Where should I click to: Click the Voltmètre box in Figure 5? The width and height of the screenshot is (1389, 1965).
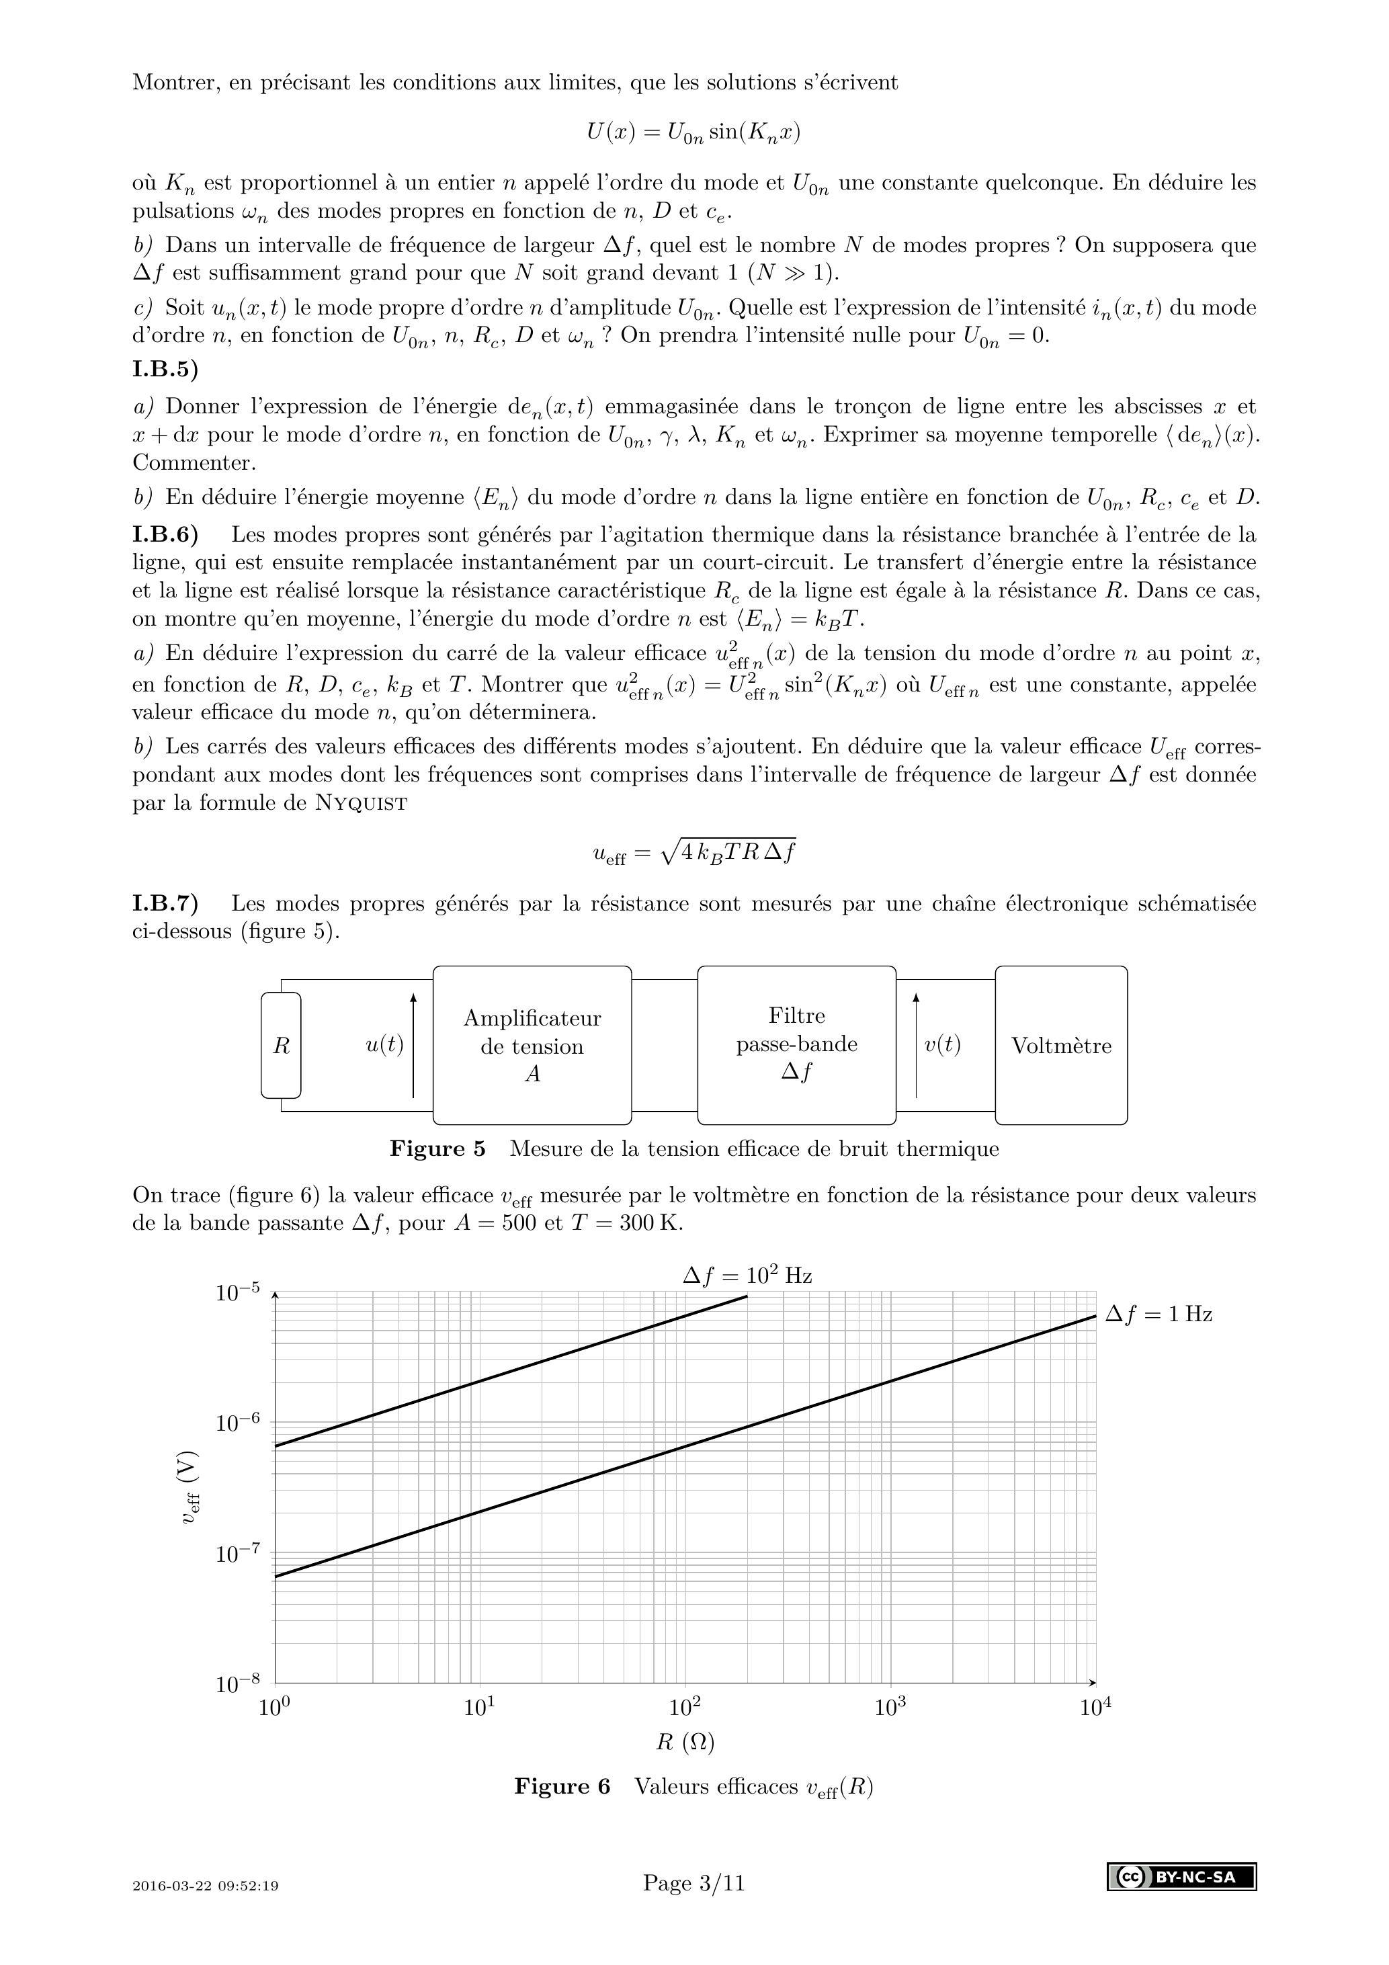(1060, 1045)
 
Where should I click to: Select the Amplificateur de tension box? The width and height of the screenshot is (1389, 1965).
(532, 1045)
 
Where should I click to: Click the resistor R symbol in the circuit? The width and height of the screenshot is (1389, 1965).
(281, 1045)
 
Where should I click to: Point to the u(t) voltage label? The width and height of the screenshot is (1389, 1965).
(384, 1045)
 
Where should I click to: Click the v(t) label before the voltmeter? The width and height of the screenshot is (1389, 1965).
(942, 1045)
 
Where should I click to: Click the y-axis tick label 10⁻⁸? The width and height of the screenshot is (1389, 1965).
(237, 1684)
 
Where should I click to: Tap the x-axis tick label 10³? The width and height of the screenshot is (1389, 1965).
(890, 1708)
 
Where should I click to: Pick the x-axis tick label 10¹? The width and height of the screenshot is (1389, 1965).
(479, 1708)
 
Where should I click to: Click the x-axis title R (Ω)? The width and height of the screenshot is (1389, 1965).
(685, 1742)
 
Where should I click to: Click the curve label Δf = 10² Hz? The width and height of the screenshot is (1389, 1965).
(747, 1276)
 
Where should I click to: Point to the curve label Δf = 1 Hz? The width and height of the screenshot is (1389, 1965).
(1158, 1314)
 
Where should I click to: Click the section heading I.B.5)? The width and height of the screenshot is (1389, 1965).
(165, 370)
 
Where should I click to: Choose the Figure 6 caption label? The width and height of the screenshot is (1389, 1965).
(562, 1786)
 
